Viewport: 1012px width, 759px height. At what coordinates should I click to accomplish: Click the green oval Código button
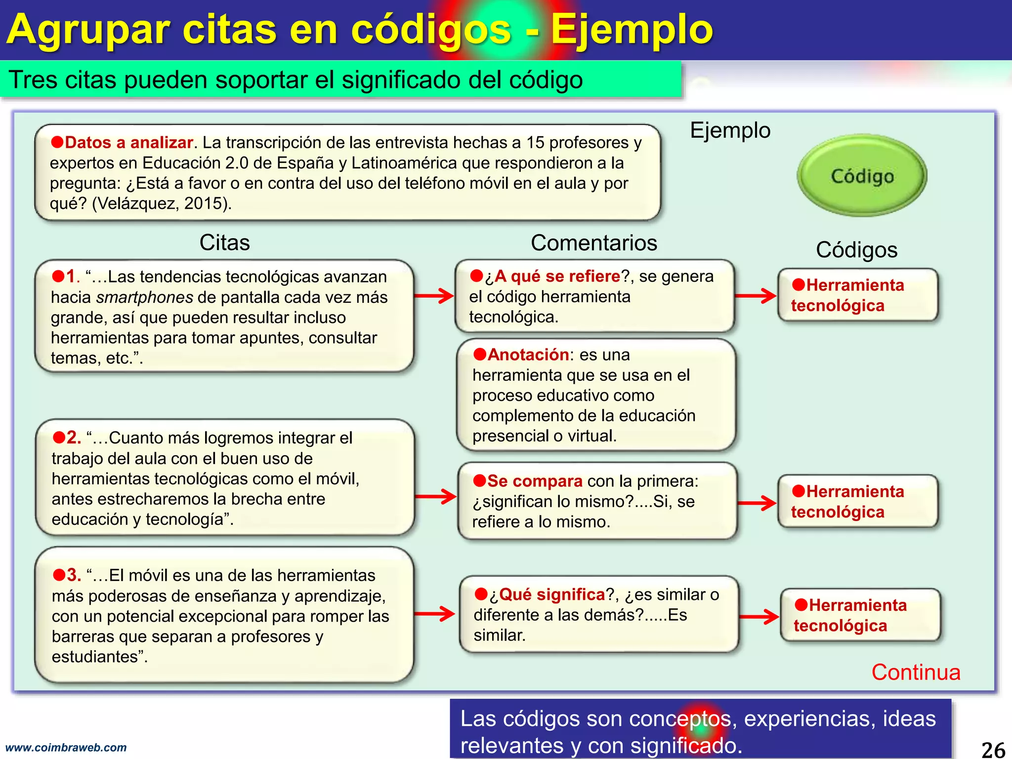pyautogui.click(x=862, y=175)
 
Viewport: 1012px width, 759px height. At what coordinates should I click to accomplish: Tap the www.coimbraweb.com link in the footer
pyautogui.click(x=66, y=748)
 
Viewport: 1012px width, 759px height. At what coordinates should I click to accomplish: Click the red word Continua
pyautogui.click(x=916, y=673)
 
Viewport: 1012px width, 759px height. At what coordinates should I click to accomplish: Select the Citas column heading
pyautogui.click(x=224, y=243)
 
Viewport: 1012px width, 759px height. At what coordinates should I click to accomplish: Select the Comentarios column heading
pyautogui.click(x=593, y=243)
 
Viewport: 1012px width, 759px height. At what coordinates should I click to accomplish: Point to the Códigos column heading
pyautogui.click(x=856, y=250)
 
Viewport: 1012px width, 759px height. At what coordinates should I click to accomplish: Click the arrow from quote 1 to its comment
pyautogui.click(x=434, y=296)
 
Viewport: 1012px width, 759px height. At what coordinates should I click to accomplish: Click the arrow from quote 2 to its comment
pyautogui.click(x=435, y=496)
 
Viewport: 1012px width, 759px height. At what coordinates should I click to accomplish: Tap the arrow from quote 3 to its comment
pyautogui.click(x=434, y=614)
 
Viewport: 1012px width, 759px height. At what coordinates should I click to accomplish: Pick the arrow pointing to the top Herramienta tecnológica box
pyautogui.click(x=756, y=296)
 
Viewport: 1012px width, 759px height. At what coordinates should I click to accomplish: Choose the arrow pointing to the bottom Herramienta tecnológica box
pyautogui.click(x=759, y=616)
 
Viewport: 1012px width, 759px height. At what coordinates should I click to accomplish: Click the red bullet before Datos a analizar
pyautogui.click(x=57, y=142)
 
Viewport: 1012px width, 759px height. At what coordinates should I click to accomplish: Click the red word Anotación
pyautogui.click(x=528, y=354)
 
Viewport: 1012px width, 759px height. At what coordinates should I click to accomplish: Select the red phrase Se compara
pyautogui.click(x=535, y=481)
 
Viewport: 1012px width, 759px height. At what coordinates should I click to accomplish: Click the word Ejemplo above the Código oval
pyautogui.click(x=730, y=130)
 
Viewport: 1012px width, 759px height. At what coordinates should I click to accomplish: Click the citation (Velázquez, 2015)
pyautogui.click(x=162, y=203)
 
